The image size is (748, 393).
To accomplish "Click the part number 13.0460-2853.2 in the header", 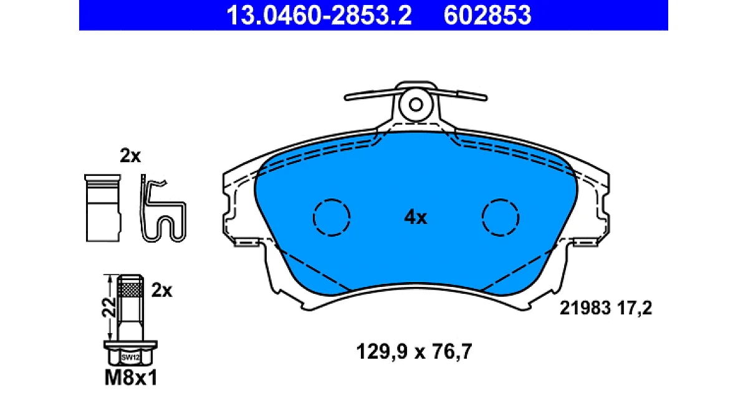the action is point(319,15).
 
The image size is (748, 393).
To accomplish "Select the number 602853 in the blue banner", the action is point(487,15).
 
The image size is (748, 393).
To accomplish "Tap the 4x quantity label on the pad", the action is point(415,218).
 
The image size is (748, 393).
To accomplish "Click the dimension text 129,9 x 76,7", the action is point(414,352).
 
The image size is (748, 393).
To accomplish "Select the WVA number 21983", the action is point(585,308).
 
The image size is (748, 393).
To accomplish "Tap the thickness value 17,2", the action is point(634,308).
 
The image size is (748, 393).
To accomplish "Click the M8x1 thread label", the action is point(131,378).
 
